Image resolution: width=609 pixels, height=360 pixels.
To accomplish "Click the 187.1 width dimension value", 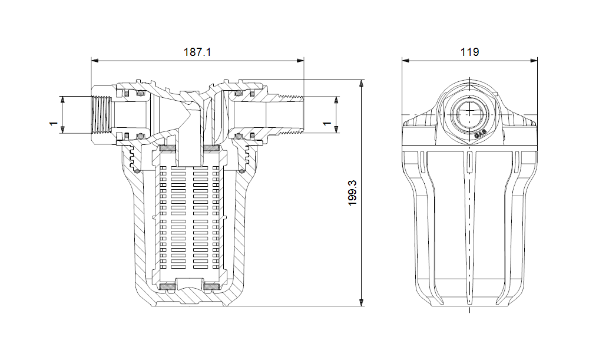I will point(197,52).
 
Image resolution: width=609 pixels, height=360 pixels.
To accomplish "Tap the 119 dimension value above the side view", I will point(469,52).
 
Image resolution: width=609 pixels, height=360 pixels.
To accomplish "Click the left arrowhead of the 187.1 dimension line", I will point(94,60).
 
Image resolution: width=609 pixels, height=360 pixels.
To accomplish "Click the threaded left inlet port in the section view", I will point(102,115).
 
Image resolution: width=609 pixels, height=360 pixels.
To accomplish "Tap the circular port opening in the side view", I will point(469,112).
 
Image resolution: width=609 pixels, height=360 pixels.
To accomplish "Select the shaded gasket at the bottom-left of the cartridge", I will point(167,287).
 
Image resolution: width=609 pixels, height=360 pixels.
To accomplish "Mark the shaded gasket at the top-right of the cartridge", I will point(211,147).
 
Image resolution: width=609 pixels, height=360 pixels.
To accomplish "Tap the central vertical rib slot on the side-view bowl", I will point(469,224).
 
